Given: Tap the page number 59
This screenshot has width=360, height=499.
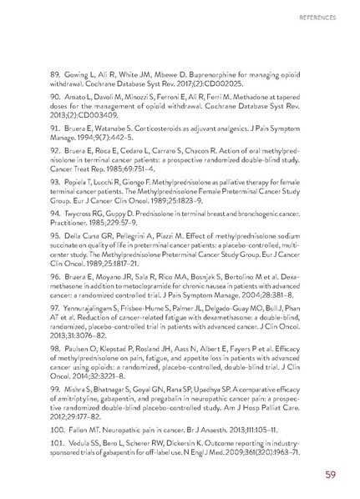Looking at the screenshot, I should click(332, 476).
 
